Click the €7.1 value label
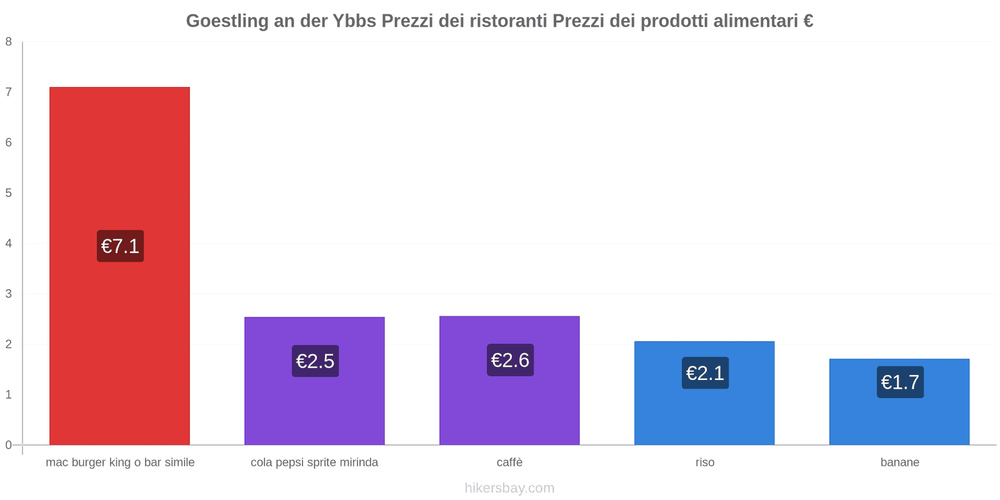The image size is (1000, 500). tap(120, 246)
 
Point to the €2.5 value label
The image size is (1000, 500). tap(315, 361)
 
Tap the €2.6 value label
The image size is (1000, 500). tap(510, 360)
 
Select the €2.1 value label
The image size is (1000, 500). tap(705, 373)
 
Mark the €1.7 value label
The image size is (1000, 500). tap(900, 382)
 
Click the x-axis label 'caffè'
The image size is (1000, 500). tap(509, 462)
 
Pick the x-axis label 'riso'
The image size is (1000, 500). tap(704, 462)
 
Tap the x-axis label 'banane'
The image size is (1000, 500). tap(899, 462)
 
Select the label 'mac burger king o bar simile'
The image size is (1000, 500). tap(120, 462)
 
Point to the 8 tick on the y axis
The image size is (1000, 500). tap(9, 42)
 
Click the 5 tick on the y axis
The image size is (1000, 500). tap(9, 193)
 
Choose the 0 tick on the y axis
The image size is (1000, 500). tap(9, 445)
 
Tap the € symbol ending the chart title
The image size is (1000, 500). tap(808, 21)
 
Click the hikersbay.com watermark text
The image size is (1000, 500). tap(509, 488)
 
